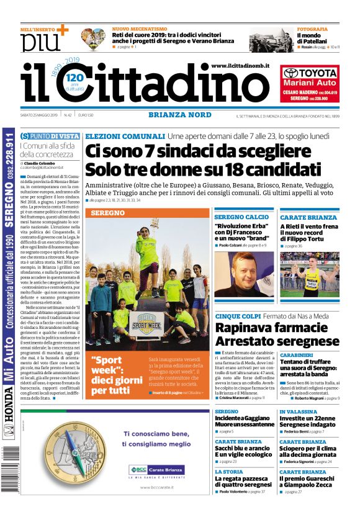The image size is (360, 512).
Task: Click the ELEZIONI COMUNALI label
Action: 124,136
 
